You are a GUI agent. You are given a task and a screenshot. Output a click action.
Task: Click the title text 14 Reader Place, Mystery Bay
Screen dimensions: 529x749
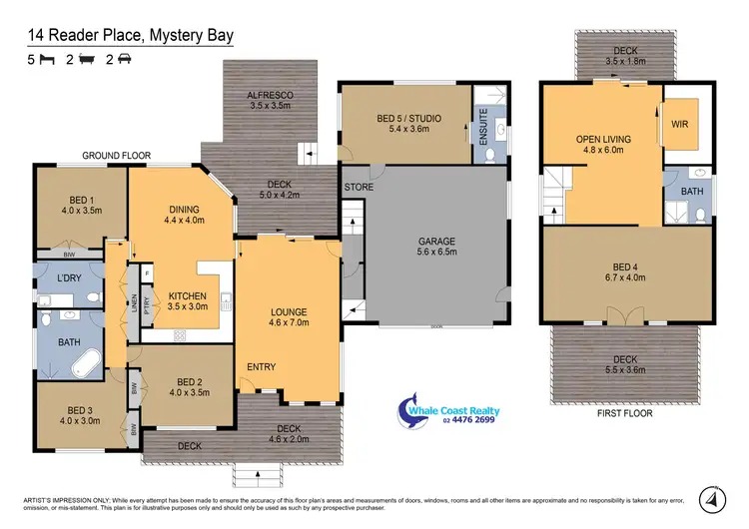[x=131, y=36]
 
